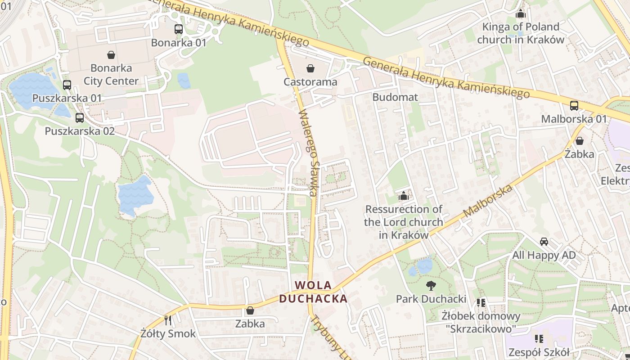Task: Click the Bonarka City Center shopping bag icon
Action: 111,55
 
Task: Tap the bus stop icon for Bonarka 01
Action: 179,29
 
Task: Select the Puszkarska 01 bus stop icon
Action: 67,85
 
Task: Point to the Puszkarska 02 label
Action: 80,131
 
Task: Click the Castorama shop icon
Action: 310,68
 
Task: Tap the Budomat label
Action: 395,97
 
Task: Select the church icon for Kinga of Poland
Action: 521,14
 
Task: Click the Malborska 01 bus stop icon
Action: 574,106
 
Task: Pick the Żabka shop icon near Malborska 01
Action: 580,141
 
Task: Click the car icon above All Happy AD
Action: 544,242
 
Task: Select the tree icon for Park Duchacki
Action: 431,285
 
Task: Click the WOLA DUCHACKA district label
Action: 313,292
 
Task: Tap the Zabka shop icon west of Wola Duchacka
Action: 250,310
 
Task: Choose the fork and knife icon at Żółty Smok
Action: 168,320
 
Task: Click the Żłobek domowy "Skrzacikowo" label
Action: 481,322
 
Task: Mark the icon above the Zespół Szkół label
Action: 538,338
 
